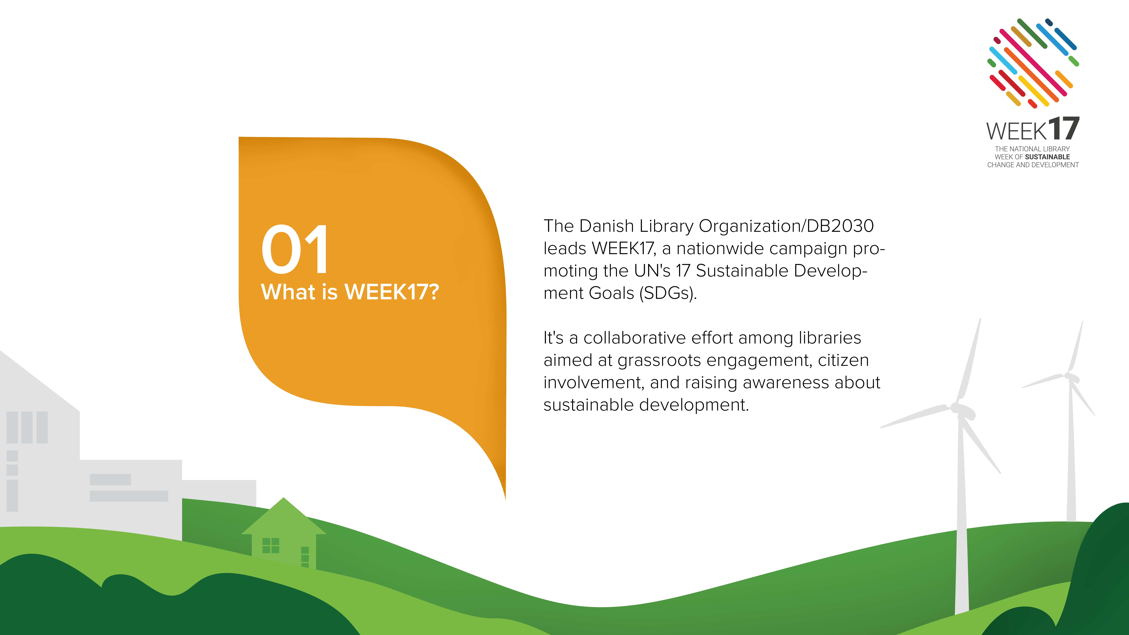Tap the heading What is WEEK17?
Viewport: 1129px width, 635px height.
[350, 292]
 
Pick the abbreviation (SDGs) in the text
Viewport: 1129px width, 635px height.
[668, 293]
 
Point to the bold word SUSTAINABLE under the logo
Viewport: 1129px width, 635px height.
[1048, 157]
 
